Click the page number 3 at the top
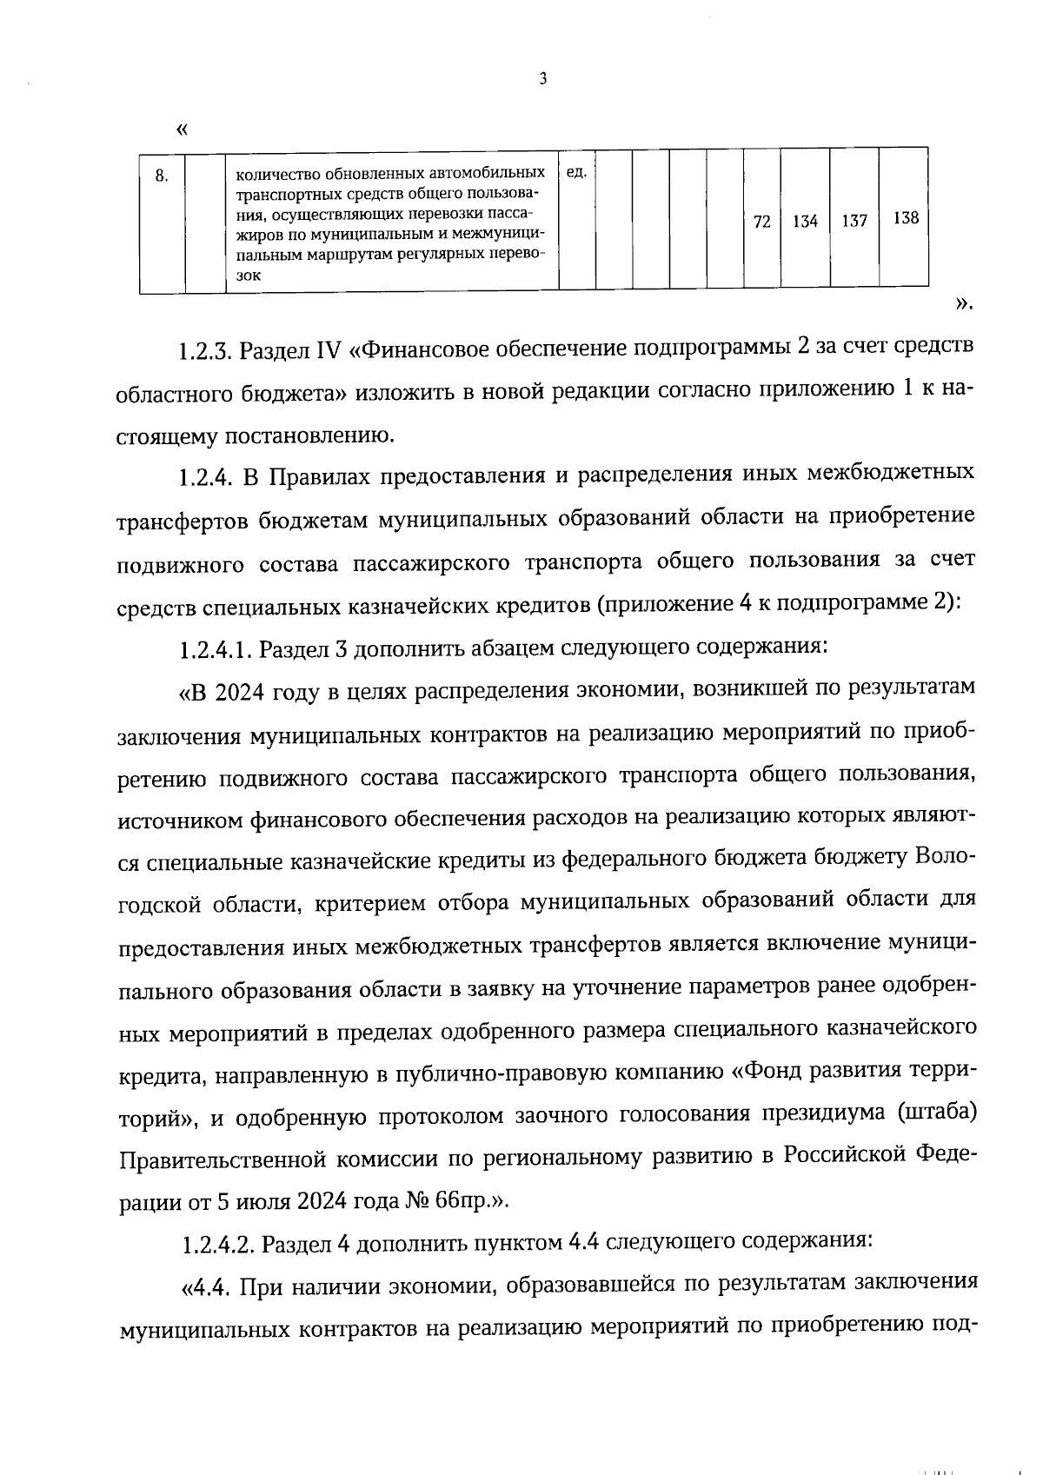pos(543,80)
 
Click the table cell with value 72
pos(761,222)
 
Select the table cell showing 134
pos(805,222)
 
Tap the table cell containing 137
pos(854,222)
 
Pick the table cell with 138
pos(905,218)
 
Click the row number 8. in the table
pos(162,176)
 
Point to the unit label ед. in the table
pos(575,172)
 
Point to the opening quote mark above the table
pos(182,130)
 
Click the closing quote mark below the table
pos(963,303)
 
